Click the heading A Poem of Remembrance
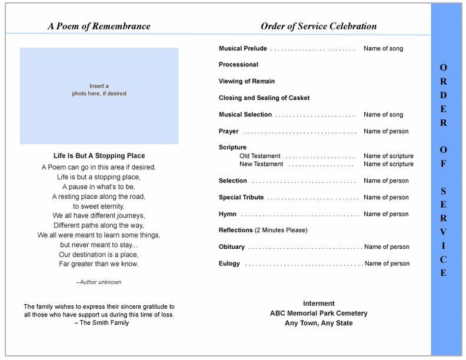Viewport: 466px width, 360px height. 98,26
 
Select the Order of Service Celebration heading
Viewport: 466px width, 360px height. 318,26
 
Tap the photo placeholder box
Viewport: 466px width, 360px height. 99,96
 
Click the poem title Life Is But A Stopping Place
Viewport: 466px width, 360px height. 99,156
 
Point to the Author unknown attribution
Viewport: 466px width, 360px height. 99,282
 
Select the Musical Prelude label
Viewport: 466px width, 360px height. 242,49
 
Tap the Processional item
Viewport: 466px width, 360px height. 238,65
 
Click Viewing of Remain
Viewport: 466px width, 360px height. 247,81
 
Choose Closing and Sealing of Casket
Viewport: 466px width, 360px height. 264,98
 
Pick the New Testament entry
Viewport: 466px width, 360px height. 261,164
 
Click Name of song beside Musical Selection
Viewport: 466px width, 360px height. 383,115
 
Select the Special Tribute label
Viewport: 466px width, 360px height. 241,198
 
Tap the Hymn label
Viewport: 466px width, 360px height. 228,214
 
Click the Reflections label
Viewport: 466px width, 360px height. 236,230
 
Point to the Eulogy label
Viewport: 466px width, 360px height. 229,264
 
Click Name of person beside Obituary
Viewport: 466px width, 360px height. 387,247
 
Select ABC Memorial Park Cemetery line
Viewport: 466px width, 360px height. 318,314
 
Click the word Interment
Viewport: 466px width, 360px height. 318,304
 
